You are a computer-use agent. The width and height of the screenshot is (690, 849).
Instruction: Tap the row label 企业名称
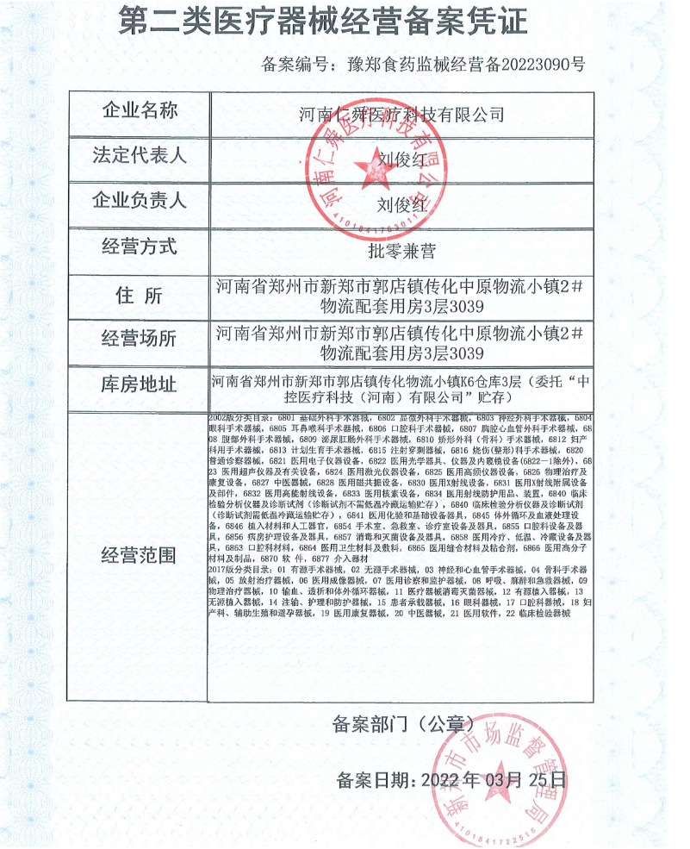coord(140,111)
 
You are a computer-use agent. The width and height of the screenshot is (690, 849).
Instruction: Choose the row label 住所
coord(140,296)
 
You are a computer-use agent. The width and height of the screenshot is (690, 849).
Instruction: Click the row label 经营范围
coord(140,554)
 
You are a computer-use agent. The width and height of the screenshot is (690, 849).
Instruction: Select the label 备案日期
coord(376,781)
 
